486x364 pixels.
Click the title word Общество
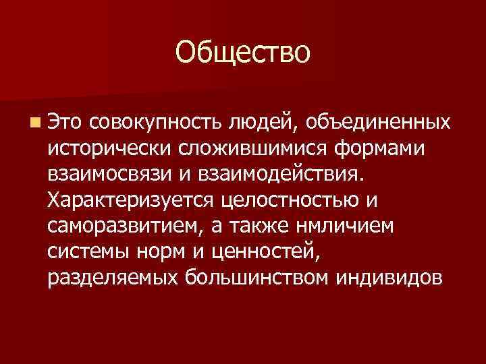click(x=243, y=52)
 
